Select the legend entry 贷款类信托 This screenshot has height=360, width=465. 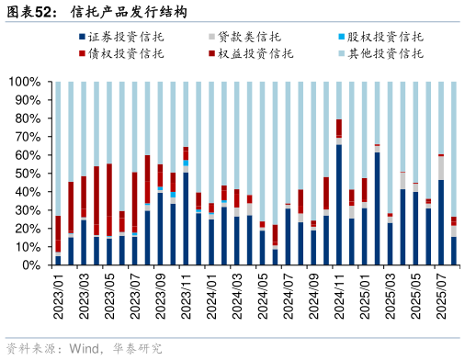249,38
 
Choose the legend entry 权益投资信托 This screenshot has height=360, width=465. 249,54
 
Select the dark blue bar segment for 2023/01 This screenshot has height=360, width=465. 58,260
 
